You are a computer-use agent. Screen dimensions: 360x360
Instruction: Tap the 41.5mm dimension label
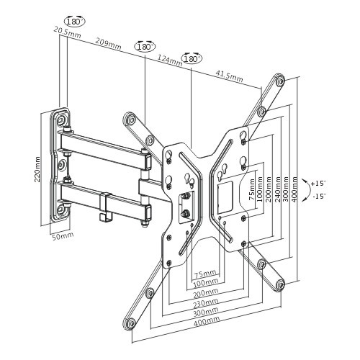(x=228, y=75)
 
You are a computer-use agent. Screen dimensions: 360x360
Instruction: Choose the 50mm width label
(x=62, y=235)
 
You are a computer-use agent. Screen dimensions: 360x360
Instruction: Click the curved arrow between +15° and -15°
(x=308, y=189)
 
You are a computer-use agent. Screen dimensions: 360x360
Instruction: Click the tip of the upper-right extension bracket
(x=278, y=79)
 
